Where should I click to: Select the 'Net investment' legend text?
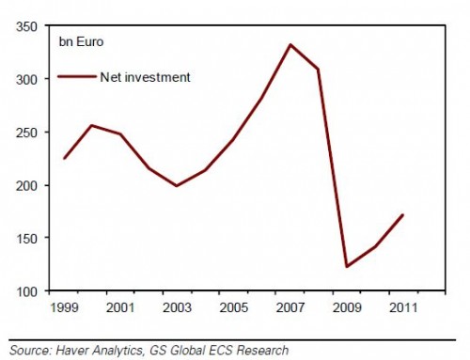(x=146, y=77)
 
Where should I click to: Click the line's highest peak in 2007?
(x=290, y=44)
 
